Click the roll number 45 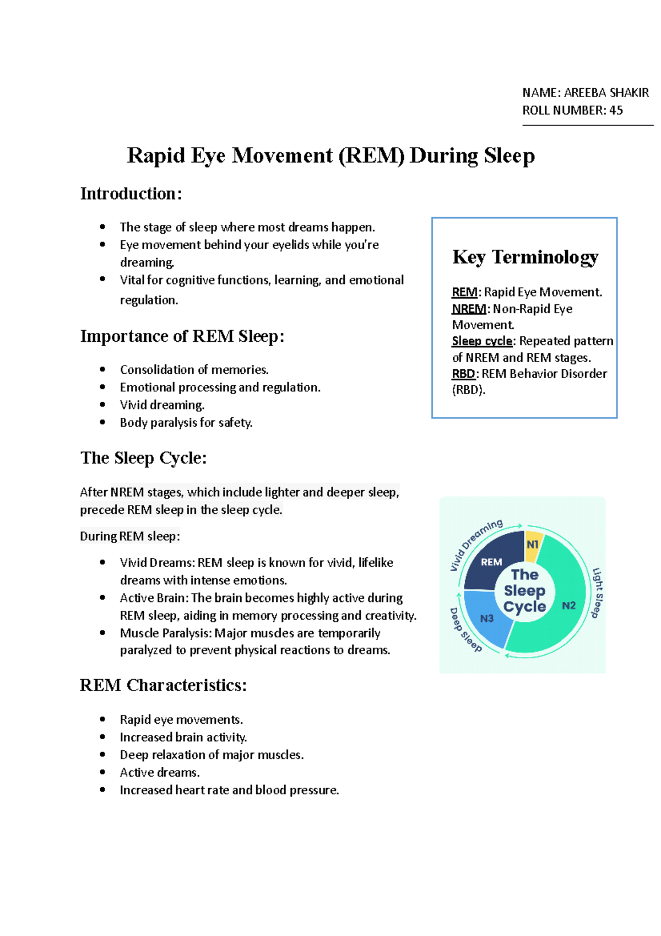click(x=616, y=110)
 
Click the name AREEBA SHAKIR click(x=606, y=93)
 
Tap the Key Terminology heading click(x=525, y=257)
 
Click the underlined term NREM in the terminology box click(x=469, y=309)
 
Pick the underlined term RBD click(x=463, y=374)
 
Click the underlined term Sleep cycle click(x=482, y=341)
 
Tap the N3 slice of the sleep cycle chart click(x=487, y=618)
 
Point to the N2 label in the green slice click(x=568, y=605)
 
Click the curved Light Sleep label click(x=597, y=593)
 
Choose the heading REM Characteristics click(x=163, y=685)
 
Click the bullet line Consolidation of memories click(x=194, y=369)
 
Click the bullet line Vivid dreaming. click(x=162, y=405)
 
